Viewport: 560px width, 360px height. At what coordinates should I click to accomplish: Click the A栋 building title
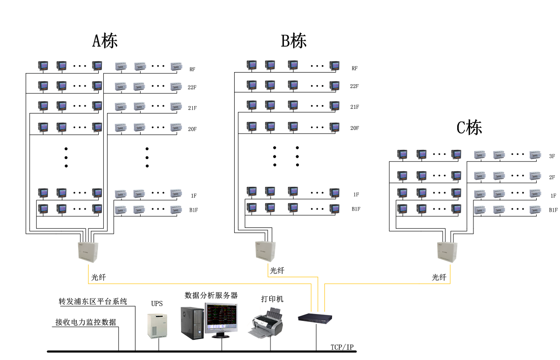(105, 41)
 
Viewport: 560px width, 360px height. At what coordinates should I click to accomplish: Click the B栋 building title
(294, 41)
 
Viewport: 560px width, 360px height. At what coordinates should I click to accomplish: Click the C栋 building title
(469, 127)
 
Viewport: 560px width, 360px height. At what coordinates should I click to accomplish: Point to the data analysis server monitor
(222, 320)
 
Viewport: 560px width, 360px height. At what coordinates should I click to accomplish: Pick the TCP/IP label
(342, 347)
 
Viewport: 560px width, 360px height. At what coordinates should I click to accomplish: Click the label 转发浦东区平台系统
(93, 301)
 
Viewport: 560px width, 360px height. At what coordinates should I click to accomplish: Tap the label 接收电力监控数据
(86, 322)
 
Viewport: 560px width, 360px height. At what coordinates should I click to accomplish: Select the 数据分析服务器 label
(211, 295)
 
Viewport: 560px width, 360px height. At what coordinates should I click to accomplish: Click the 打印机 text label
(272, 299)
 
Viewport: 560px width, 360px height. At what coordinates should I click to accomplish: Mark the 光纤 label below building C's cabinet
(439, 278)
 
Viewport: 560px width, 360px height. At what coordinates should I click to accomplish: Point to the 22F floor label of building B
(355, 87)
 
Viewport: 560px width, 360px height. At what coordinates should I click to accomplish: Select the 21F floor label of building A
(192, 108)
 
